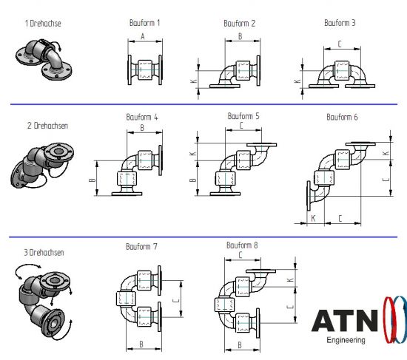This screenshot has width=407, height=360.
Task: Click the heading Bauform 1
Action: click(144, 23)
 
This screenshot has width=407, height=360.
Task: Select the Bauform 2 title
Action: click(239, 24)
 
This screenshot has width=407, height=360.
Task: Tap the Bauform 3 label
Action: click(340, 23)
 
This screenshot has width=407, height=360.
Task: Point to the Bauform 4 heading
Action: click(142, 117)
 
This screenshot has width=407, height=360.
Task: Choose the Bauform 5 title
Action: click(243, 116)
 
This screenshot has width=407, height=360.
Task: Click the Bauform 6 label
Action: click(342, 117)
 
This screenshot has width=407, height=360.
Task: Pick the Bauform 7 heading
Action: click(141, 246)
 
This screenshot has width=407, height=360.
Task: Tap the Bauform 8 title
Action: click(242, 245)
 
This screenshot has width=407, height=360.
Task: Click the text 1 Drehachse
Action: click(43, 24)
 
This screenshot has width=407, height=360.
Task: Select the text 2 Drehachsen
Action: click(48, 126)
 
